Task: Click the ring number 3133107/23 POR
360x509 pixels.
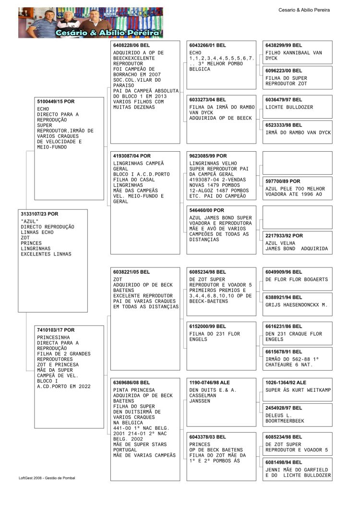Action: (39, 214)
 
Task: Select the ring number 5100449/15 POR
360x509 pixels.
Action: (56, 102)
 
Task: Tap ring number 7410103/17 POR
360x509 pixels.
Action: (56, 330)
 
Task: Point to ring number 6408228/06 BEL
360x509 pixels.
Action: (132, 45)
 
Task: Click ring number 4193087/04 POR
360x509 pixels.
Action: (132, 156)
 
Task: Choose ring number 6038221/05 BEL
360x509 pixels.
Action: (132, 272)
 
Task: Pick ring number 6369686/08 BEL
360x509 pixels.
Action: (132, 383)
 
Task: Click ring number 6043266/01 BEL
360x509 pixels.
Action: (208, 45)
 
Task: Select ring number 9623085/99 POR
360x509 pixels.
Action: (208, 156)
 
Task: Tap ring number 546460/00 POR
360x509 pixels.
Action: (206, 210)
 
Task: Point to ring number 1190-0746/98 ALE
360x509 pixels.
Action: (210, 383)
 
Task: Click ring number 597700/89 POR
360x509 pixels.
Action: (283, 182)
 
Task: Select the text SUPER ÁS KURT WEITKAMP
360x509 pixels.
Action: (298, 390)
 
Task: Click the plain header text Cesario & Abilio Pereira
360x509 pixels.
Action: (304, 10)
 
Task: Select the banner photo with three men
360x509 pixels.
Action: (91, 23)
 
